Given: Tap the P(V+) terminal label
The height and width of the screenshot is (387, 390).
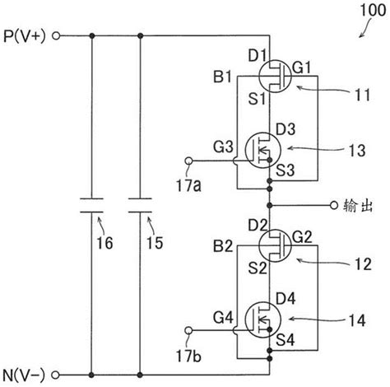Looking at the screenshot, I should pyautogui.click(x=26, y=36).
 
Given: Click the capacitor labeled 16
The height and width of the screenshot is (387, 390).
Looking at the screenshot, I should pyautogui.click(x=91, y=203).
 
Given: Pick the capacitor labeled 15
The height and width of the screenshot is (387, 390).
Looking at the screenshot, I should pyautogui.click(x=141, y=203).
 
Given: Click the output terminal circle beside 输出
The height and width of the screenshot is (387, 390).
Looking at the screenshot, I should pyautogui.click(x=333, y=204).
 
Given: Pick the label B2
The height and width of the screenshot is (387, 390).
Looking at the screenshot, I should pyautogui.click(x=221, y=245).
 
